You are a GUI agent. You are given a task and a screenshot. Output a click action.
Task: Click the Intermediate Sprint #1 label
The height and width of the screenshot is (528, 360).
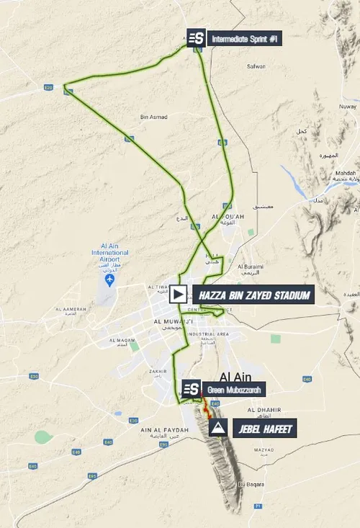click(x=245, y=39)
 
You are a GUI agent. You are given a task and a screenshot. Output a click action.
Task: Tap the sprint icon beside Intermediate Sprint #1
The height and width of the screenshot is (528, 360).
click(x=197, y=39)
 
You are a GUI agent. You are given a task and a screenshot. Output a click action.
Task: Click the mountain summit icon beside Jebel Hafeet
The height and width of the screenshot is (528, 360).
click(x=217, y=429)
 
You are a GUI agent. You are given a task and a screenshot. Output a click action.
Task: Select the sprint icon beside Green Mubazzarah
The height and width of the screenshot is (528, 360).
click(x=191, y=390)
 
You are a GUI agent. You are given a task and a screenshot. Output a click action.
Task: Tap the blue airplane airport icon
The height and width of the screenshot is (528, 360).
click(x=109, y=279)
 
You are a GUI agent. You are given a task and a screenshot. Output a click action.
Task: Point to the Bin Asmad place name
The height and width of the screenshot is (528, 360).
click(x=153, y=116)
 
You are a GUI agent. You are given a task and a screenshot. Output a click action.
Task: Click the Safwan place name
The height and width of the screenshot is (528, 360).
click(x=257, y=66)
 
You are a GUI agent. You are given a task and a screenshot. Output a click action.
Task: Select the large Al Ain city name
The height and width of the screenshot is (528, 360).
click(x=235, y=376)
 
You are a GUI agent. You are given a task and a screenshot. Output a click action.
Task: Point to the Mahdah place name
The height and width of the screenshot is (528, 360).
click(x=346, y=174)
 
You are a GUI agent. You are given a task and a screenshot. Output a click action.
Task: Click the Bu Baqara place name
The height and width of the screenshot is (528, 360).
click(x=252, y=484)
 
